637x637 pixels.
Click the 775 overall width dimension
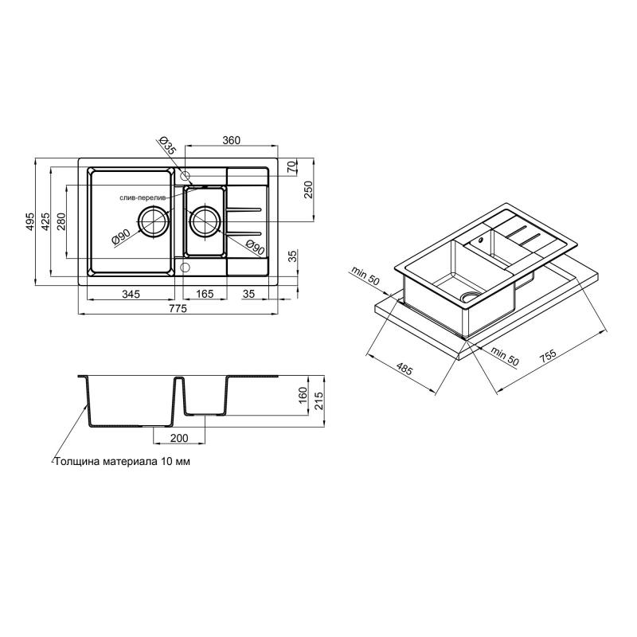click(x=178, y=308)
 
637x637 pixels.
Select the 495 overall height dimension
click(x=31, y=222)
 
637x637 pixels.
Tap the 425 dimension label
click(x=45, y=221)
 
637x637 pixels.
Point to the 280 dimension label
click(x=61, y=221)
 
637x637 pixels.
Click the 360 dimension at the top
click(x=232, y=140)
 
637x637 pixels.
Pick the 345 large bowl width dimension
click(x=131, y=293)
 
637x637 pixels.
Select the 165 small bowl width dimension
click(x=205, y=293)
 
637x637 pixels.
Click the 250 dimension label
click(x=308, y=190)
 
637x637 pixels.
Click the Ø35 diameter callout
click(x=167, y=145)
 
